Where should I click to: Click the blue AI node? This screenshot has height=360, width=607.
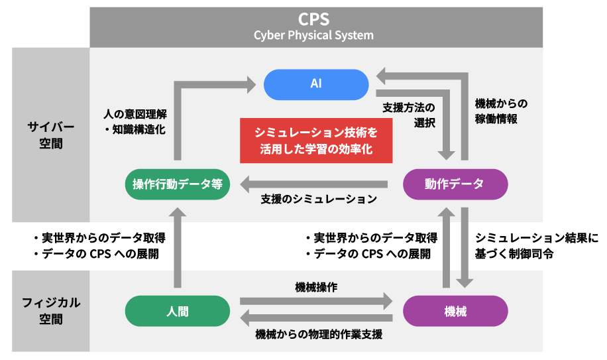click(x=316, y=84)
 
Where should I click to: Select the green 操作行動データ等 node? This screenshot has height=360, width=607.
click(x=178, y=184)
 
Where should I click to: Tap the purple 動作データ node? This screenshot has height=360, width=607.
click(x=455, y=184)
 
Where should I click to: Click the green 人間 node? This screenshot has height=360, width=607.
click(x=178, y=311)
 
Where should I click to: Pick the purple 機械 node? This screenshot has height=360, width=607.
click(x=455, y=311)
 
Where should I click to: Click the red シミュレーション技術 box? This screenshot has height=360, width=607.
click(x=316, y=141)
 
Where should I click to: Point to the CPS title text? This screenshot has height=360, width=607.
click(x=313, y=19)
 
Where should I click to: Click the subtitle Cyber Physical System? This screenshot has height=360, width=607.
click(x=313, y=35)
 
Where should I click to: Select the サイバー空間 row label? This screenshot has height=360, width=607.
click(x=51, y=135)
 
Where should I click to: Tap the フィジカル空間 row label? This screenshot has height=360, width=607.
click(x=51, y=311)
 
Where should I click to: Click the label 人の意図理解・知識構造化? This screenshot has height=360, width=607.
click(x=135, y=121)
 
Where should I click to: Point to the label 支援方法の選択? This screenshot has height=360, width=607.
click(x=409, y=115)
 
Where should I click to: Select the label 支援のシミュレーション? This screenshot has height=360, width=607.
click(x=319, y=199)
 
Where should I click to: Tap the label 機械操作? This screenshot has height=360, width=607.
click(x=316, y=287)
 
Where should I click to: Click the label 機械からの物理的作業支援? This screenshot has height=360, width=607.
click(x=319, y=334)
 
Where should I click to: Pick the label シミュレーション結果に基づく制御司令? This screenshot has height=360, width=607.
click(x=537, y=245)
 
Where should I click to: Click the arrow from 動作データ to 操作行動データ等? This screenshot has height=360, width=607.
click(x=314, y=184)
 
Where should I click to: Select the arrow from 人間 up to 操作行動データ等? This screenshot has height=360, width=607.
click(x=178, y=248)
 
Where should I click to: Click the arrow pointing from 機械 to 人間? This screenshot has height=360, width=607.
click(x=316, y=318)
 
